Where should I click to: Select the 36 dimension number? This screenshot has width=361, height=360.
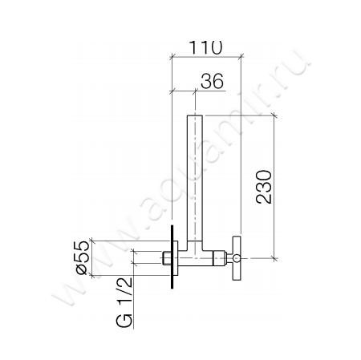pyautogui.click(x=206, y=80)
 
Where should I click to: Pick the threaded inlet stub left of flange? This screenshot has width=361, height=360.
pyautogui.click(x=164, y=257)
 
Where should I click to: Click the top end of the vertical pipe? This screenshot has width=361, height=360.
pyautogui.click(x=194, y=118)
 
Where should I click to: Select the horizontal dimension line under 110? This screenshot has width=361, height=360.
pyautogui.click(x=206, y=58)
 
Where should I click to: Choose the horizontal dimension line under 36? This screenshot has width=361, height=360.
pyautogui.click(x=183, y=91)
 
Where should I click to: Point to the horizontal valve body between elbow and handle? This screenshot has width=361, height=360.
pyautogui.click(x=214, y=257)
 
